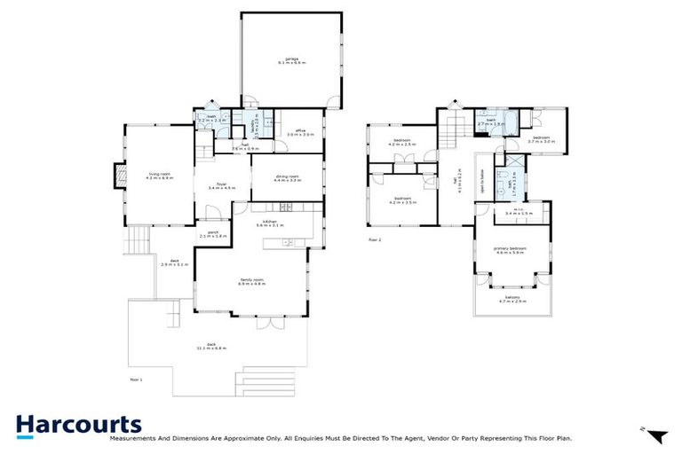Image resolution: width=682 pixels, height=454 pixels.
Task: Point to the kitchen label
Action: click(x=268, y=223)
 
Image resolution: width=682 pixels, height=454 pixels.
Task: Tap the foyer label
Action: click(x=219, y=185)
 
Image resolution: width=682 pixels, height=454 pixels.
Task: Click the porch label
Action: click(x=213, y=234)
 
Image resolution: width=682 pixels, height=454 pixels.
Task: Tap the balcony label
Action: click(x=514, y=299)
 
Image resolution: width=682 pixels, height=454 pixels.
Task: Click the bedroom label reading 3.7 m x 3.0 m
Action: click(x=542, y=139)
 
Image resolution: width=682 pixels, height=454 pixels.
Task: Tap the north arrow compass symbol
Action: click(x=656, y=435)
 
